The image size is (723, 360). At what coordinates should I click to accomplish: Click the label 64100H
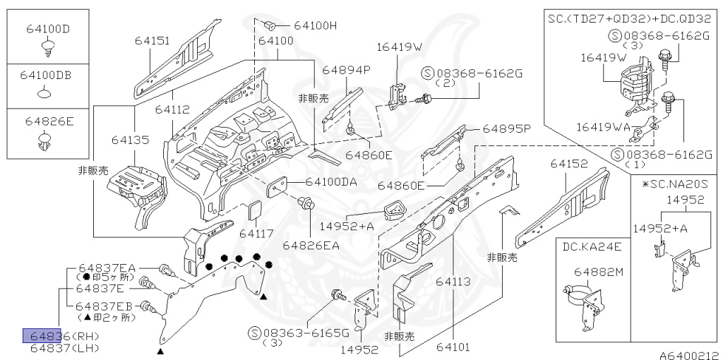[315, 25]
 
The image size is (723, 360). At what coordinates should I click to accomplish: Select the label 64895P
[506, 129]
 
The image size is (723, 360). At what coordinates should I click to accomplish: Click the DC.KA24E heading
[592, 246]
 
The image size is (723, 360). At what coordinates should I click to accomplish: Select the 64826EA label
[311, 246]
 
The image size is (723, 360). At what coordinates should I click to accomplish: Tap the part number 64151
[153, 42]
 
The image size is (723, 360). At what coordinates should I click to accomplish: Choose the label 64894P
[347, 70]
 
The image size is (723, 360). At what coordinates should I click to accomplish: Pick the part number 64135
[130, 140]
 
